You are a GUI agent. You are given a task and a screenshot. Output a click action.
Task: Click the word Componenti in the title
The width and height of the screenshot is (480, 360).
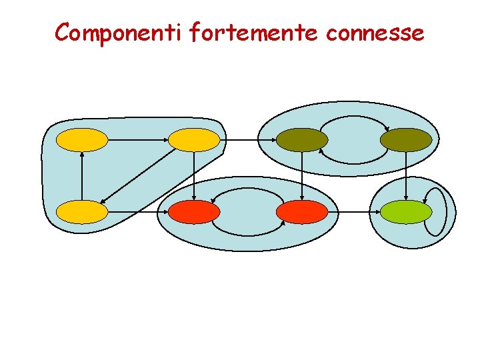[x=119, y=32]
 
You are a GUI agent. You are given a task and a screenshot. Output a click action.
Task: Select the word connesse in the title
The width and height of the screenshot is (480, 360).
[x=375, y=32]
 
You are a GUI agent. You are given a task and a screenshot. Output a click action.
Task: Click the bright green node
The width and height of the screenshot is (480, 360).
[x=406, y=212]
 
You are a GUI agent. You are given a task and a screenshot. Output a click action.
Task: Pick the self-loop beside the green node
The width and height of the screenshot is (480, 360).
[x=435, y=211]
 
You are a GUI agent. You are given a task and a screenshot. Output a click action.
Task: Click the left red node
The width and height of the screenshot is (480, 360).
[x=193, y=212]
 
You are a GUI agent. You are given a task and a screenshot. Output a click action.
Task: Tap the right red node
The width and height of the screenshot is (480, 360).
[x=302, y=212]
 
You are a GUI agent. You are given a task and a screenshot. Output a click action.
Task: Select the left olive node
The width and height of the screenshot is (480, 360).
[x=302, y=140]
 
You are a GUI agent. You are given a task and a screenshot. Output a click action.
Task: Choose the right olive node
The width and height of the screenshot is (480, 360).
[x=406, y=140]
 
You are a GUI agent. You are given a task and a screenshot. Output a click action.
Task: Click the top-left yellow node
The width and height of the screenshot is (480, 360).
[x=81, y=140]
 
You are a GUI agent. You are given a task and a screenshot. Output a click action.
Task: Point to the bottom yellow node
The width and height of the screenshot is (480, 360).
[x=81, y=212]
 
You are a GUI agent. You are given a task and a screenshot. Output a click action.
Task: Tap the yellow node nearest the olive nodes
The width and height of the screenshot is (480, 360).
[x=193, y=140]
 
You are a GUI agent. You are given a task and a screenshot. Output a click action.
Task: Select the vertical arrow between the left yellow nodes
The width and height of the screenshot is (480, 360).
[x=81, y=176]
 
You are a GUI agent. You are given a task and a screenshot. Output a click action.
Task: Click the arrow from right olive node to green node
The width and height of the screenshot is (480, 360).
[x=406, y=176]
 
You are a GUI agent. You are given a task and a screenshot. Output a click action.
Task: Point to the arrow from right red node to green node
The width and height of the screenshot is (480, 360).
[x=354, y=212]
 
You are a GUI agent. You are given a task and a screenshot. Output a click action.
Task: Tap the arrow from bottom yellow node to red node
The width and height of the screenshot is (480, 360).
[x=137, y=212]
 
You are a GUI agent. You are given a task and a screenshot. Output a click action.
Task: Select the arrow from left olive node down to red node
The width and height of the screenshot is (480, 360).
[x=302, y=176]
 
